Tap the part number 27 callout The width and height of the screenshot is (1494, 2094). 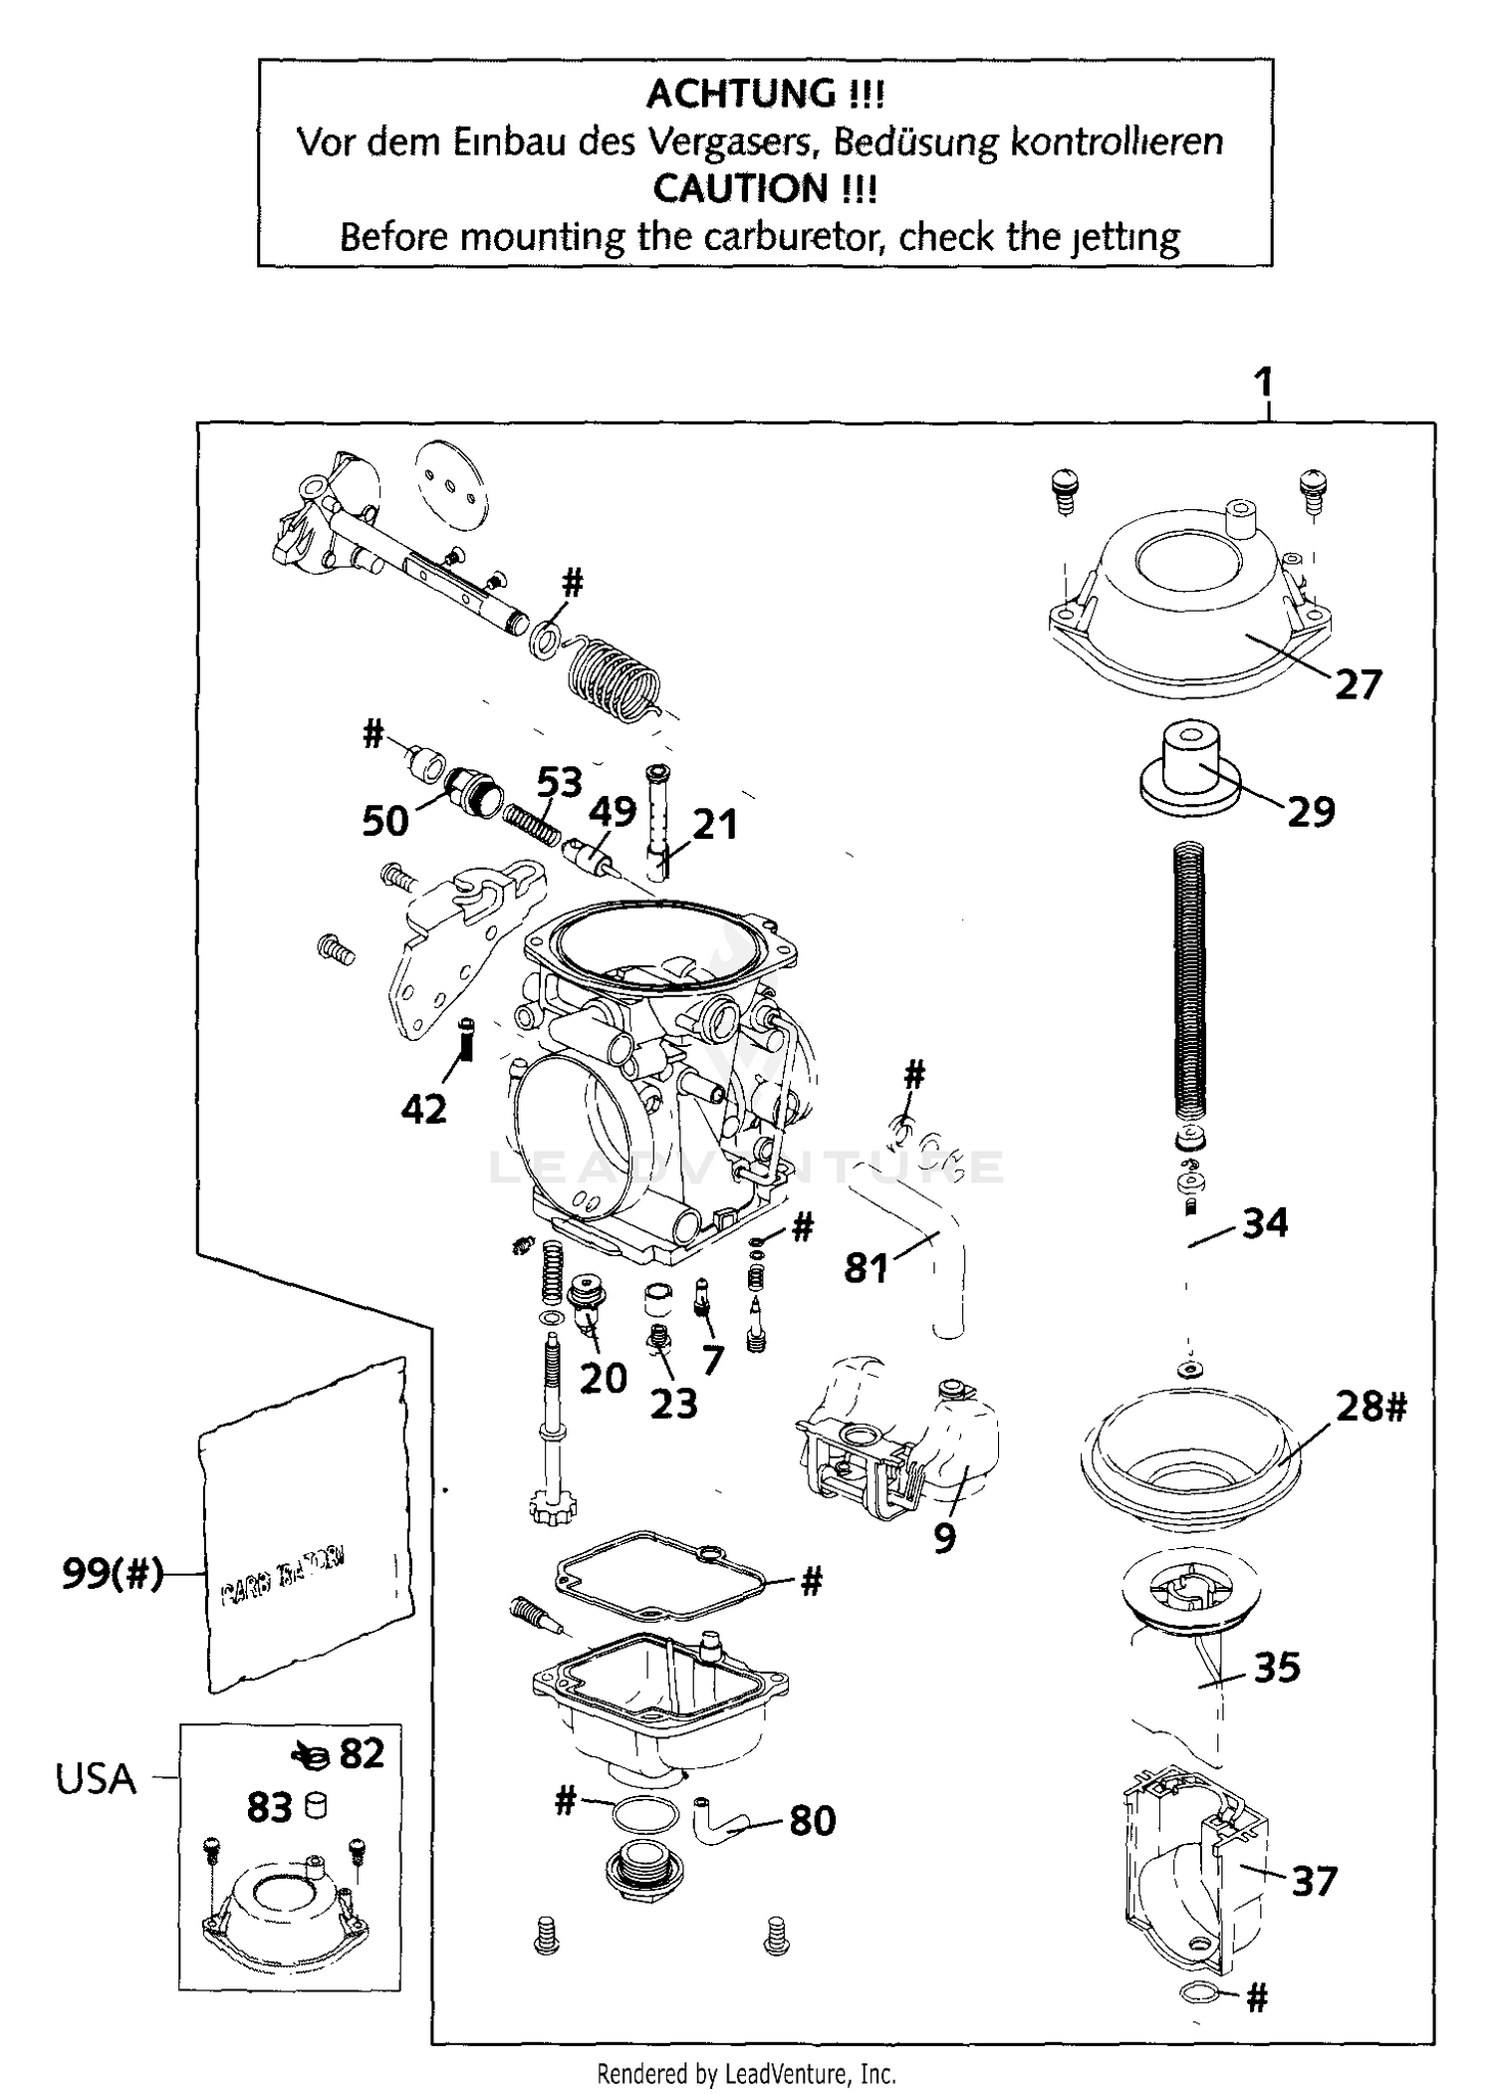pos(1359,685)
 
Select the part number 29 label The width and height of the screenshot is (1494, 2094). pos(1311,812)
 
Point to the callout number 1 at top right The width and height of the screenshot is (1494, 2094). pos(1264,382)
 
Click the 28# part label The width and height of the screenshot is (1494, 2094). pos(1371,1407)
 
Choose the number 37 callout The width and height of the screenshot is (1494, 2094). pos(1314,1881)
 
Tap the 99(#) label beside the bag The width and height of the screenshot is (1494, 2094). pos(112,1573)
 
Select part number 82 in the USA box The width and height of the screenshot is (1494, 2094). pos(362,1754)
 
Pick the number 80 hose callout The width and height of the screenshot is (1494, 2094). pos(812,1820)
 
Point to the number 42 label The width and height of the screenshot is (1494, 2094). pos(423,1108)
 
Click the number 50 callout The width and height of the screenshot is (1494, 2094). pos(385,821)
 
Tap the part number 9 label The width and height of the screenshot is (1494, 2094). pos(944,1538)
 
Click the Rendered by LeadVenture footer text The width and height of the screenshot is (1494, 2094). pos(746,2074)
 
